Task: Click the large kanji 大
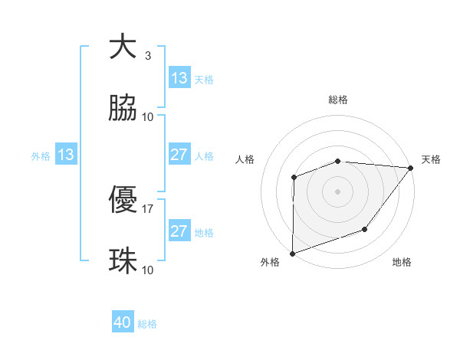point(123,46)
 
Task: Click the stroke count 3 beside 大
point(148,55)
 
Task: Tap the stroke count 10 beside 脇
point(148,116)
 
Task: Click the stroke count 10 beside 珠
point(148,270)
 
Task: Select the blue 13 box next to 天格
point(179,78)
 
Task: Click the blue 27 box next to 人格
point(179,155)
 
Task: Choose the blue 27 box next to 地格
point(179,231)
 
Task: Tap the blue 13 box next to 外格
point(65,155)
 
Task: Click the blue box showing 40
point(123,322)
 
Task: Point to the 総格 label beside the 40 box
point(147,324)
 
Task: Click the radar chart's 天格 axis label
point(431,159)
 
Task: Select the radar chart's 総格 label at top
point(338,100)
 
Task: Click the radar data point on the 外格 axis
point(293,253)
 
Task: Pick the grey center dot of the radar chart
point(338,191)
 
